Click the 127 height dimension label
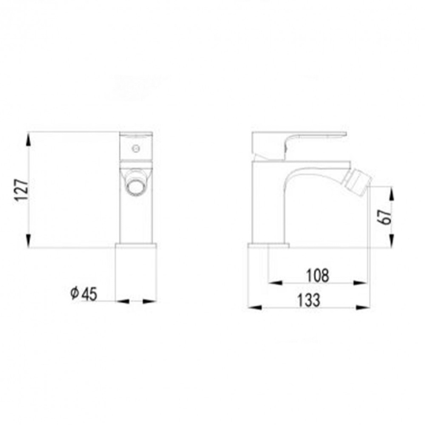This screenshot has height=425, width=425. click(x=19, y=189)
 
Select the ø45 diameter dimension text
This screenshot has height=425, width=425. click(x=83, y=294)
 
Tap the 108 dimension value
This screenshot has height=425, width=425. click(x=318, y=275)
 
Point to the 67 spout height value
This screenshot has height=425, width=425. click(x=383, y=217)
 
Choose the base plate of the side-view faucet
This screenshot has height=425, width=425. click(x=268, y=246)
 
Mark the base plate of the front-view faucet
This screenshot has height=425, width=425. click(x=135, y=246)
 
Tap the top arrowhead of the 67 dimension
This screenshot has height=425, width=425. click(x=392, y=192)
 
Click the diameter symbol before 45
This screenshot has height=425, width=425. click(x=74, y=294)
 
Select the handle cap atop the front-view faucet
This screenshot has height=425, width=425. click(x=136, y=134)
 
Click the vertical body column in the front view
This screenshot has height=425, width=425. click(x=136, y=219)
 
